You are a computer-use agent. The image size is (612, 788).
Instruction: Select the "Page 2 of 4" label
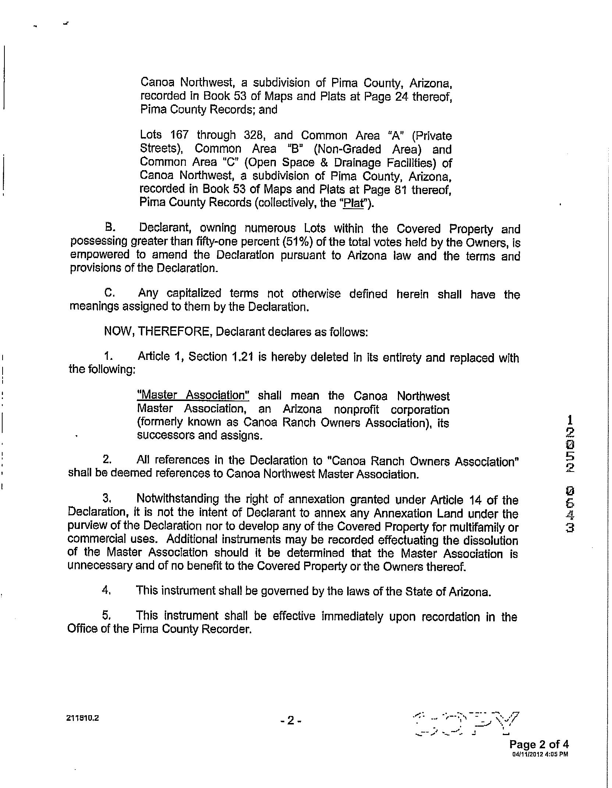[539, 745]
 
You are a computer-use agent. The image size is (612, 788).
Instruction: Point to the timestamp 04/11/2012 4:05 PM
[540, 754]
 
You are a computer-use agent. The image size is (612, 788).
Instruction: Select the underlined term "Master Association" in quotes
[193, 395]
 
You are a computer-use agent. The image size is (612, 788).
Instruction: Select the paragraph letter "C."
[110, 293]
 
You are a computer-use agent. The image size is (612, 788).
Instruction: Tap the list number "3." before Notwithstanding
[106, 499]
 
